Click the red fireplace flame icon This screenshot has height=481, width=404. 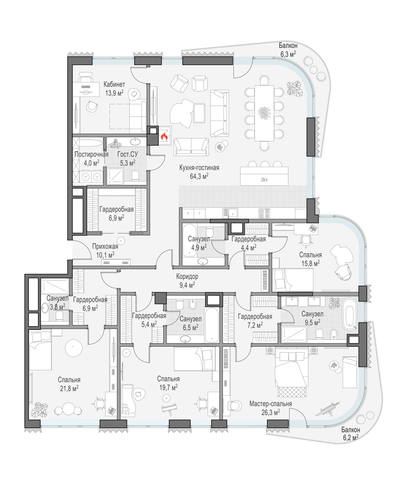click(x=164, y=136)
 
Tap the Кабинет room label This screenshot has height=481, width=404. click(x=114, y=84)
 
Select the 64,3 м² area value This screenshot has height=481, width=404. click(x=199, y=176)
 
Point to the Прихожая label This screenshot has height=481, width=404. click(x=105, y=247)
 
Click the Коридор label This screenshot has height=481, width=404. click(x=187, y=276)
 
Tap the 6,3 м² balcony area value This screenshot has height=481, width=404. click(x=288, y=54)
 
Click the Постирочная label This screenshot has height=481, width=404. click(x=91, y=154)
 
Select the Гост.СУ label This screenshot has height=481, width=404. click(x=128, y=154)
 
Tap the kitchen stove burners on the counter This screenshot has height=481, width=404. click(x=264, y=213)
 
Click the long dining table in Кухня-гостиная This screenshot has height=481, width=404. click(x=264, y=113)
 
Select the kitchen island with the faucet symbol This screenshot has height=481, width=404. click(x=264, y=176)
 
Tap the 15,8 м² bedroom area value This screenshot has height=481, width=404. click(x=310, y=263)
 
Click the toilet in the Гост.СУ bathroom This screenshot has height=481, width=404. click(x=135, y=176)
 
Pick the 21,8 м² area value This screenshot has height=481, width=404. click(x=69, y=389)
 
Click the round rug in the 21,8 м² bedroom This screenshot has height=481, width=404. click(x=74, y=348)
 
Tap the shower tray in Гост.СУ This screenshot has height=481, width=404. click(x=115, y=176)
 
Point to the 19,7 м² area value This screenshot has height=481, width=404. click(x=168, y=387)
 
